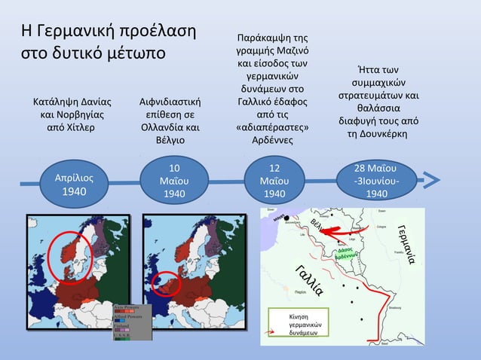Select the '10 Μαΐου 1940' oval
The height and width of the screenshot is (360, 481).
(x=174, y=182)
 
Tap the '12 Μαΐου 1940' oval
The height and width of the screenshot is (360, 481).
(x=274, y=182)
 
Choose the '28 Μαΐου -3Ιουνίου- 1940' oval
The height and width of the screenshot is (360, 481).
(x=377, y=182)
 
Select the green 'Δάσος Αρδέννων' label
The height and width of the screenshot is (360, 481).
(x=345, y=252)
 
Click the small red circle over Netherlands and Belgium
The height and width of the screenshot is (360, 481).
(x=164, y=282)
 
